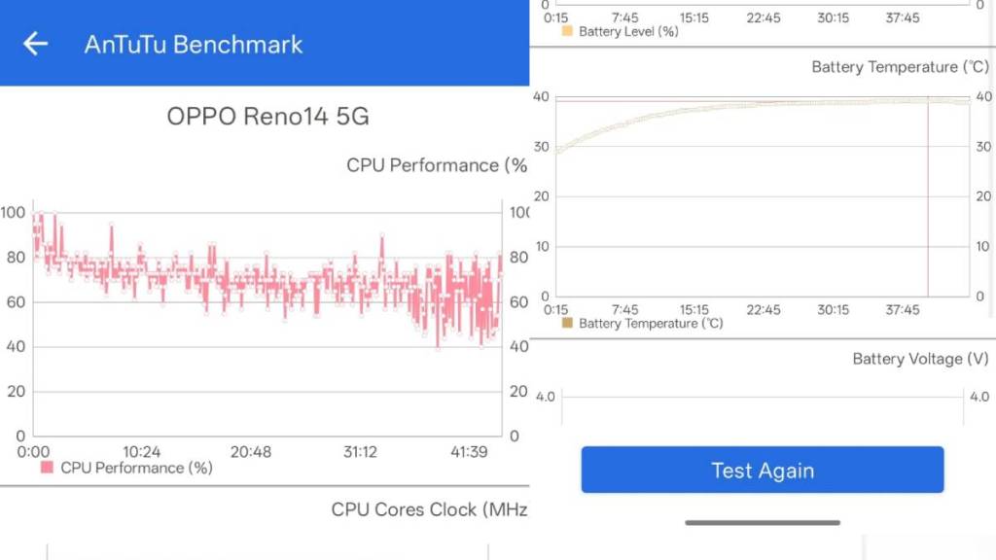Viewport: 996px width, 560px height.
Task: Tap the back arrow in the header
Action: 36,44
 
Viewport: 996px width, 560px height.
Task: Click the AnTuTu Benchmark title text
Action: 194,45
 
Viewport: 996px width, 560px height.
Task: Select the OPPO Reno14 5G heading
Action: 267,117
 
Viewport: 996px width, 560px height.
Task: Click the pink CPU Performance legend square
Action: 47,468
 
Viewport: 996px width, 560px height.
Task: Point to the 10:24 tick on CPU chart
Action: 142,452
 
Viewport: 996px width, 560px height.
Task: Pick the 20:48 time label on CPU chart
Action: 251,452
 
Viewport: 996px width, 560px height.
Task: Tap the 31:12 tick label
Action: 361,452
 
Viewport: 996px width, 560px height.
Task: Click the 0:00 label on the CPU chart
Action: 34,452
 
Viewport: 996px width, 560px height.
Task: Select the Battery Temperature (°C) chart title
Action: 900,67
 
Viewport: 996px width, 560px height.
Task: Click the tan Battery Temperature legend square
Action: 568,323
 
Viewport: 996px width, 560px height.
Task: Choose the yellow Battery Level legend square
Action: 568,31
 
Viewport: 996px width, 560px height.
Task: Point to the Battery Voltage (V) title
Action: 920,359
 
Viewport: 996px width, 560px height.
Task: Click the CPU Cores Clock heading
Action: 429,509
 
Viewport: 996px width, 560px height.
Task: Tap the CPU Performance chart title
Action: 437,165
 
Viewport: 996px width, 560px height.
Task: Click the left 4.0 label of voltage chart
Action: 545,397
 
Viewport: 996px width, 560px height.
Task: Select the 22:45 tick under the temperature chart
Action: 764,310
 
